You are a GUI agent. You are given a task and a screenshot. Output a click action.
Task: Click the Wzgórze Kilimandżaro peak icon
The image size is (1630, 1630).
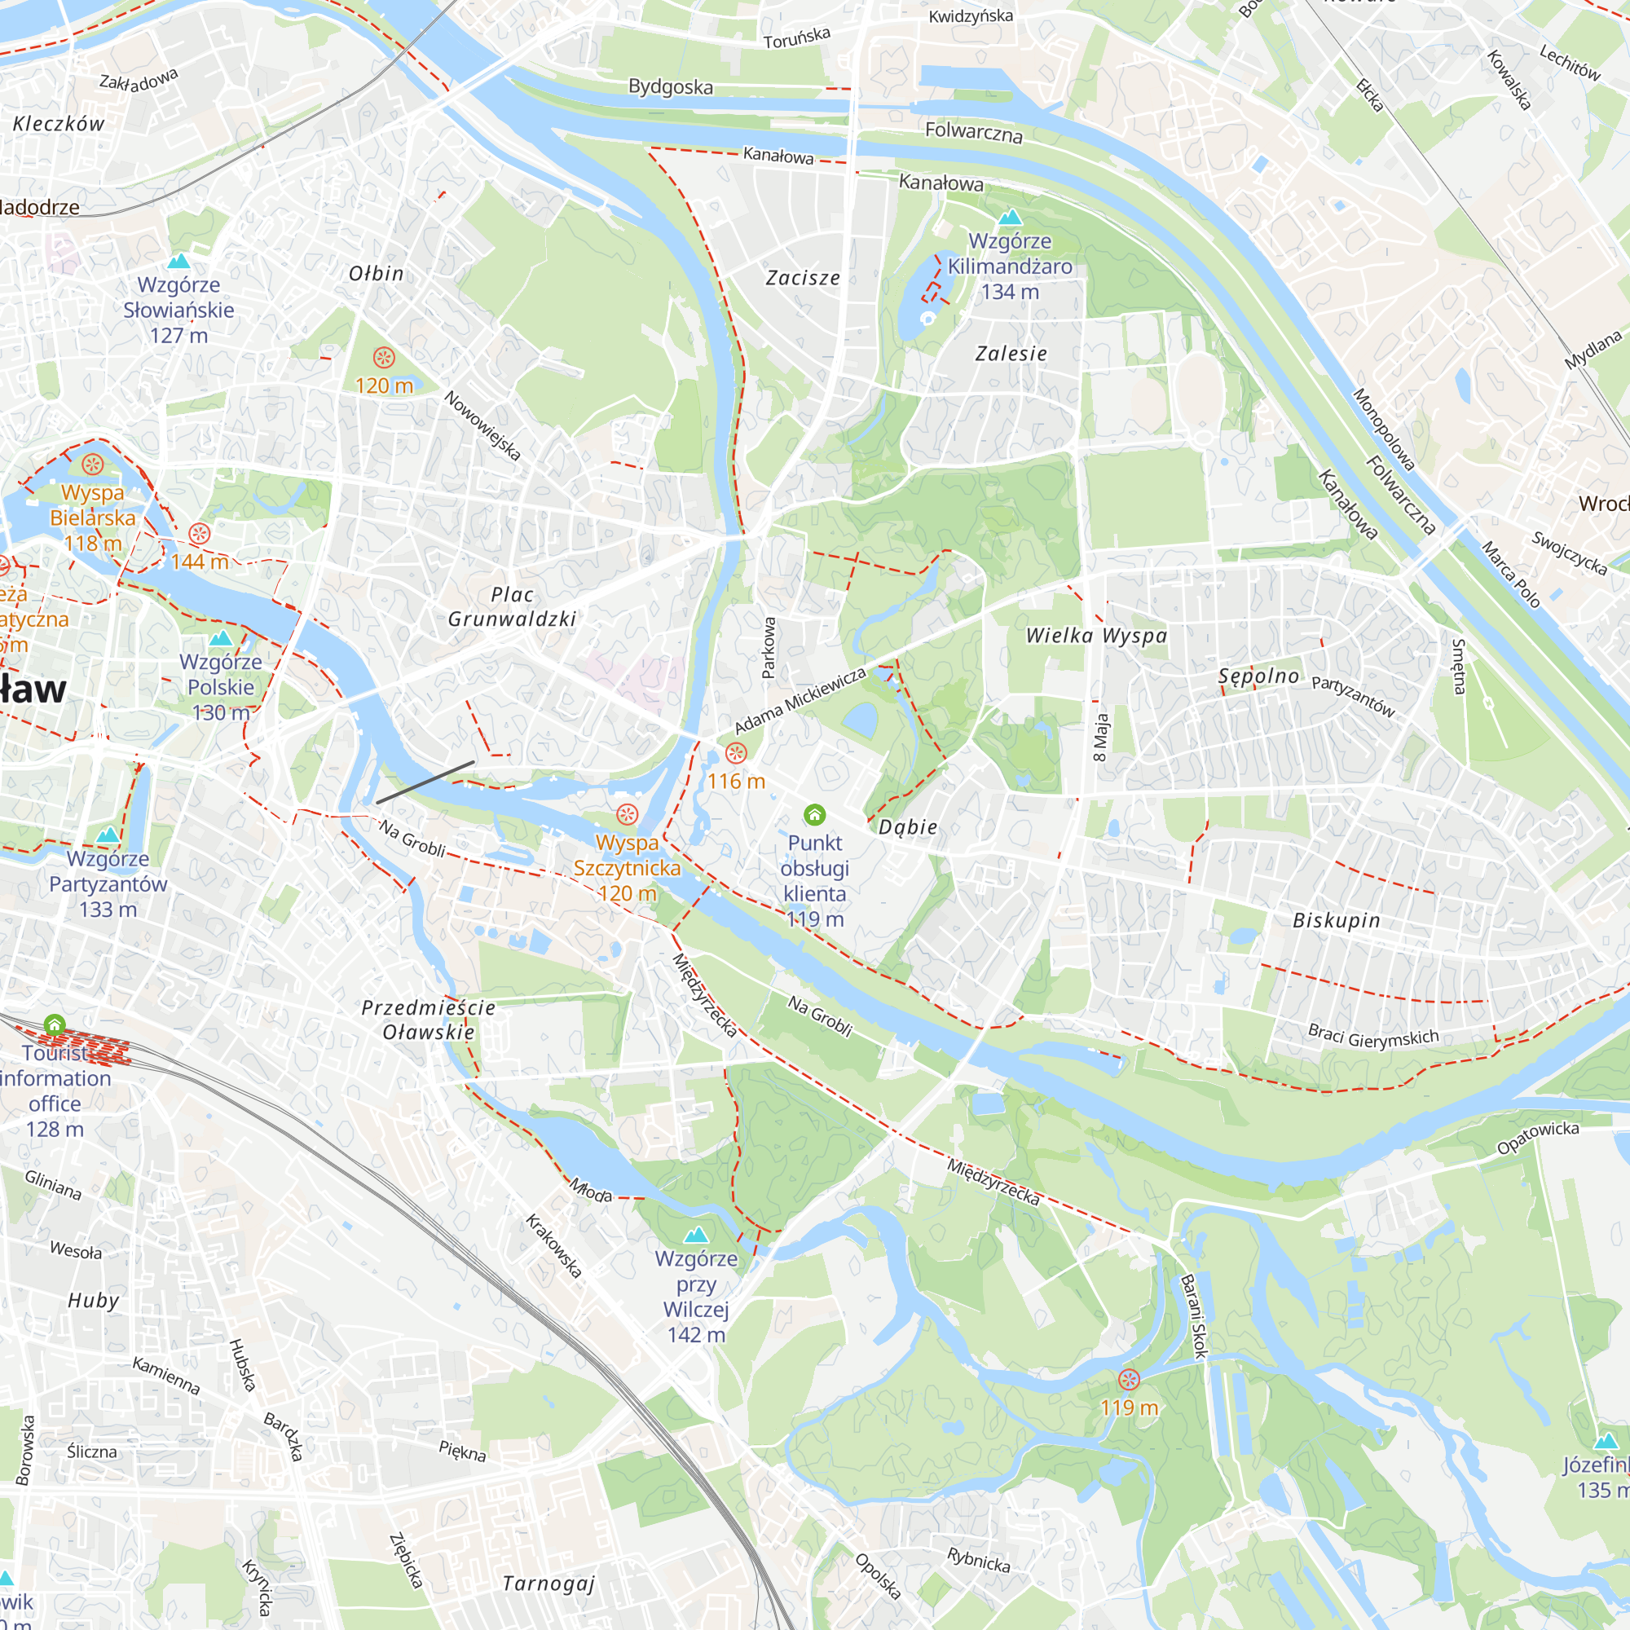1010,217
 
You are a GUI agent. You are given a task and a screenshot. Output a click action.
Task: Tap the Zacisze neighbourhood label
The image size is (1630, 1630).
802,278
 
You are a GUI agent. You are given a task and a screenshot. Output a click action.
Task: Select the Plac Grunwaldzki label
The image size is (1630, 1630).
512,606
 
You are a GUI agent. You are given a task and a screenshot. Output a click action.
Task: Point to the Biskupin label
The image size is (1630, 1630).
1337,920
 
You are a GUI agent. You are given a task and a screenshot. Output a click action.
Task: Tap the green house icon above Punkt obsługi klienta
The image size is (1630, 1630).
814,814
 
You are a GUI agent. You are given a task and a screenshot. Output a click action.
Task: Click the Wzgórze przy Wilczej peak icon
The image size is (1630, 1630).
695,1236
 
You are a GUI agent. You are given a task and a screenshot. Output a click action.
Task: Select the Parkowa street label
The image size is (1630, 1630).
769,648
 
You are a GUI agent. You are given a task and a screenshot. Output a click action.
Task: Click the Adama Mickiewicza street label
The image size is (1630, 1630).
800,701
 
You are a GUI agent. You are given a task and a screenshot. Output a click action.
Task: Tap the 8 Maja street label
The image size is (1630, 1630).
1101,737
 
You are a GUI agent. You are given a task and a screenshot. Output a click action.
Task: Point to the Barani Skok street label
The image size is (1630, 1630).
1194,1316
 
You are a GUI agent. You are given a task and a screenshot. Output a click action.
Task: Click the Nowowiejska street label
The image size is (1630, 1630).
482,425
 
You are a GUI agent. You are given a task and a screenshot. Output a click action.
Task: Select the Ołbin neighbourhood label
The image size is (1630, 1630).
377,273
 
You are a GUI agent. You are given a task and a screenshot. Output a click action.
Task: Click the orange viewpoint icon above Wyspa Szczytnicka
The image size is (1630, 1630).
627,814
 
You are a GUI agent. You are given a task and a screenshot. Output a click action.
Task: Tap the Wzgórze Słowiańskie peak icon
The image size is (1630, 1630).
178,262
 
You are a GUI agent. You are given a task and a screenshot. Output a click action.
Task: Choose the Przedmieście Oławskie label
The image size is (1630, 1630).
429,1020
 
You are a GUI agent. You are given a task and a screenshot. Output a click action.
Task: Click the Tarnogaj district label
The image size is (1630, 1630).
548,1584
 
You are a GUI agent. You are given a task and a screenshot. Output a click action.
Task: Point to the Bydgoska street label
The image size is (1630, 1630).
671,87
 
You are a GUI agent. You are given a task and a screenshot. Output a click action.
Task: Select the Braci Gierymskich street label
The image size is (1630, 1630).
1372,1037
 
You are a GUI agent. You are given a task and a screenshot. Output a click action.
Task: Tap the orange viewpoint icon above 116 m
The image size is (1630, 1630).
737,752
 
